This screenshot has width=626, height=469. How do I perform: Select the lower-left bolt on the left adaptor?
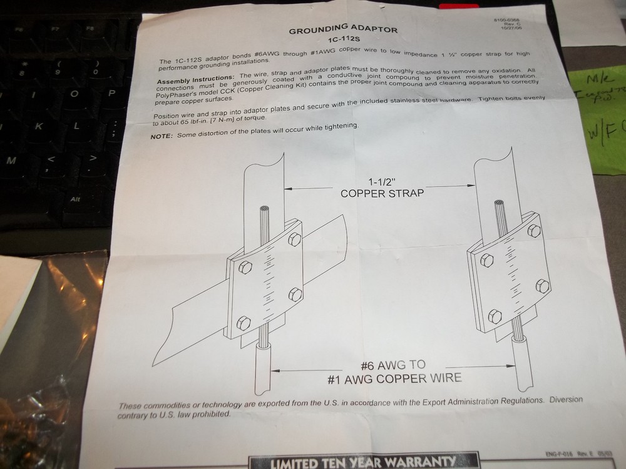coord(244,322)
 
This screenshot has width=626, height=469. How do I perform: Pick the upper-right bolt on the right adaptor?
coord(533,231)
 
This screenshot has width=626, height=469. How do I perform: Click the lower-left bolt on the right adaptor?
coord(495,316)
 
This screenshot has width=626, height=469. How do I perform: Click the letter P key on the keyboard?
coord(111,93)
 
